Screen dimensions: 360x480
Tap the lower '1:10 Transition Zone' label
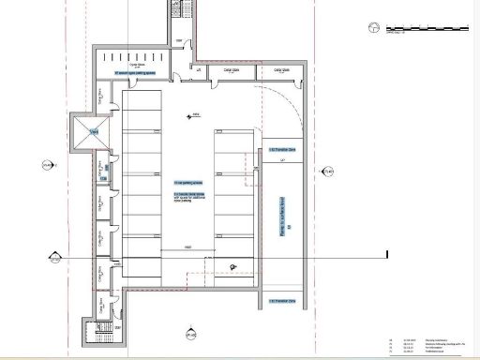tap(282, 301)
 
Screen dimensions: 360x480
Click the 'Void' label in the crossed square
tap(95, 132)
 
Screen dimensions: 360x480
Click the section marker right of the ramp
tap(328, 172)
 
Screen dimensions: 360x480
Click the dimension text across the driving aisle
tap(188, 247)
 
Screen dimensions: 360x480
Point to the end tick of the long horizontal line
tap(386, 255)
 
